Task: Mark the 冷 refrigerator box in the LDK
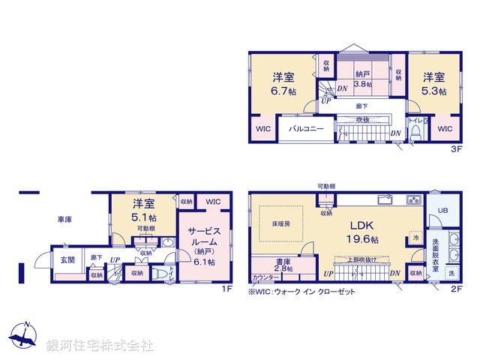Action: click(415, 238)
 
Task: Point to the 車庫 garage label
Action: click(65, 220)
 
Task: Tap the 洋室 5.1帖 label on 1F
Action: click(143, 209)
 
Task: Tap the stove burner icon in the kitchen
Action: click(413, 200)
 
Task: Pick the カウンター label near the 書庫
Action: click(263, 277)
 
